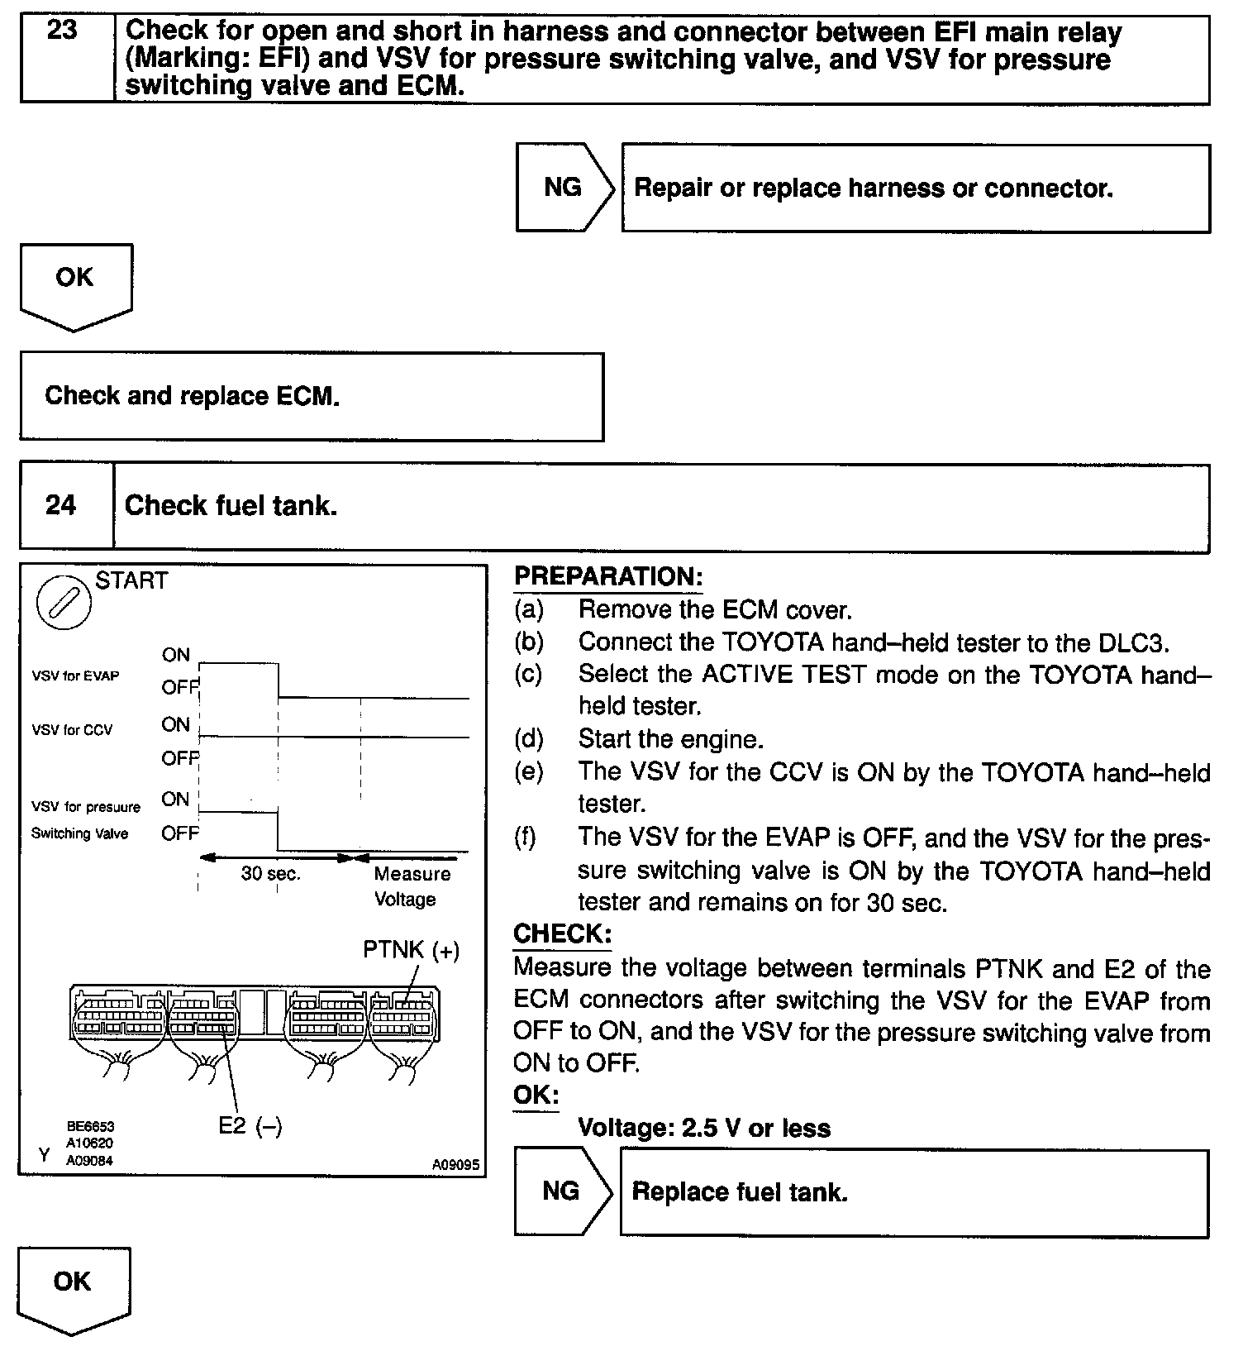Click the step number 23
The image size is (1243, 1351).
click(63, 31)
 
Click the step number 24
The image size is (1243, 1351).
click(60, 504)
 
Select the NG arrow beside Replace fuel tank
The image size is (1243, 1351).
click(562, 1191)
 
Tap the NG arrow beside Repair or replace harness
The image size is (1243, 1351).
click(564, 188)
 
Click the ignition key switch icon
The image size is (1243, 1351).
click(64, 603)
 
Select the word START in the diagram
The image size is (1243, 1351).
click(131, 580)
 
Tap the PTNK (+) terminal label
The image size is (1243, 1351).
click(411, 950)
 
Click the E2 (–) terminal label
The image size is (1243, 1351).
click(250, 1126)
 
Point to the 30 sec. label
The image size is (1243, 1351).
click(270, 874)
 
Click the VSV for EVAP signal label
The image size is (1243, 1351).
click(75, 675)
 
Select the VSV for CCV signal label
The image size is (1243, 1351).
click(72, 730)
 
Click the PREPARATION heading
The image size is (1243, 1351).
click(607, 576)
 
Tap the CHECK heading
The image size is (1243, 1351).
click(562, 934)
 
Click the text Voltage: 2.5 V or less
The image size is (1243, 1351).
click(704, 1128)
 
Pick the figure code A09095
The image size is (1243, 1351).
click(455, 1164)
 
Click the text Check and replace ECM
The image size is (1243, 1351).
click(192, 396)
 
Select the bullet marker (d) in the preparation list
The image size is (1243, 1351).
click(529, 738)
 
